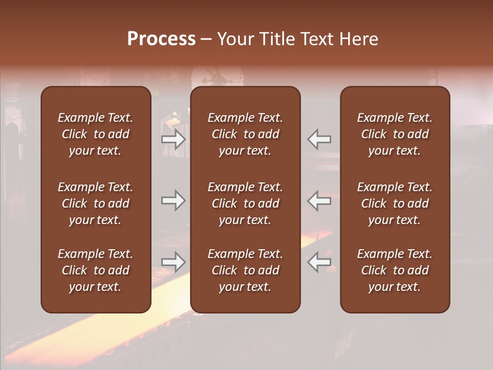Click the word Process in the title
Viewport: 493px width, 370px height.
tap(161, 39)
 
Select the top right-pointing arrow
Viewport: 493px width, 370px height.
tap(173, 139)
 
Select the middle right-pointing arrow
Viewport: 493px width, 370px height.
tap(173, 200)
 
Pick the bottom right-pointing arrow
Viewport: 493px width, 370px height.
tap(173, 262)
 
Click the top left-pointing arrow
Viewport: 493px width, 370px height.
tap(319, 139)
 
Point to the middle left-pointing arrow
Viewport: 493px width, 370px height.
tap(319, 200)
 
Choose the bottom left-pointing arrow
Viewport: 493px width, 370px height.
tap(319, 262)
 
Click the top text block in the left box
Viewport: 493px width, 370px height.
tap(96, 134)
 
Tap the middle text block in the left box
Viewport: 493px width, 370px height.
tap(96, 203)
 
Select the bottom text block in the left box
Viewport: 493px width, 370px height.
tap(96, 270)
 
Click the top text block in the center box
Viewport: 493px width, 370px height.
tap(245, 134)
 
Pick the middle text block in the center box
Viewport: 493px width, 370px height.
tap(245, 203)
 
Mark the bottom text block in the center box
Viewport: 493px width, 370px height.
tap(245, 270)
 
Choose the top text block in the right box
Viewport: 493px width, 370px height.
tap(395, 134)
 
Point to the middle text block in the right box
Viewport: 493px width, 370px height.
tap(395, 203)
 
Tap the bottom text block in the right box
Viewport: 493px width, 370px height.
tap(395, 270)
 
